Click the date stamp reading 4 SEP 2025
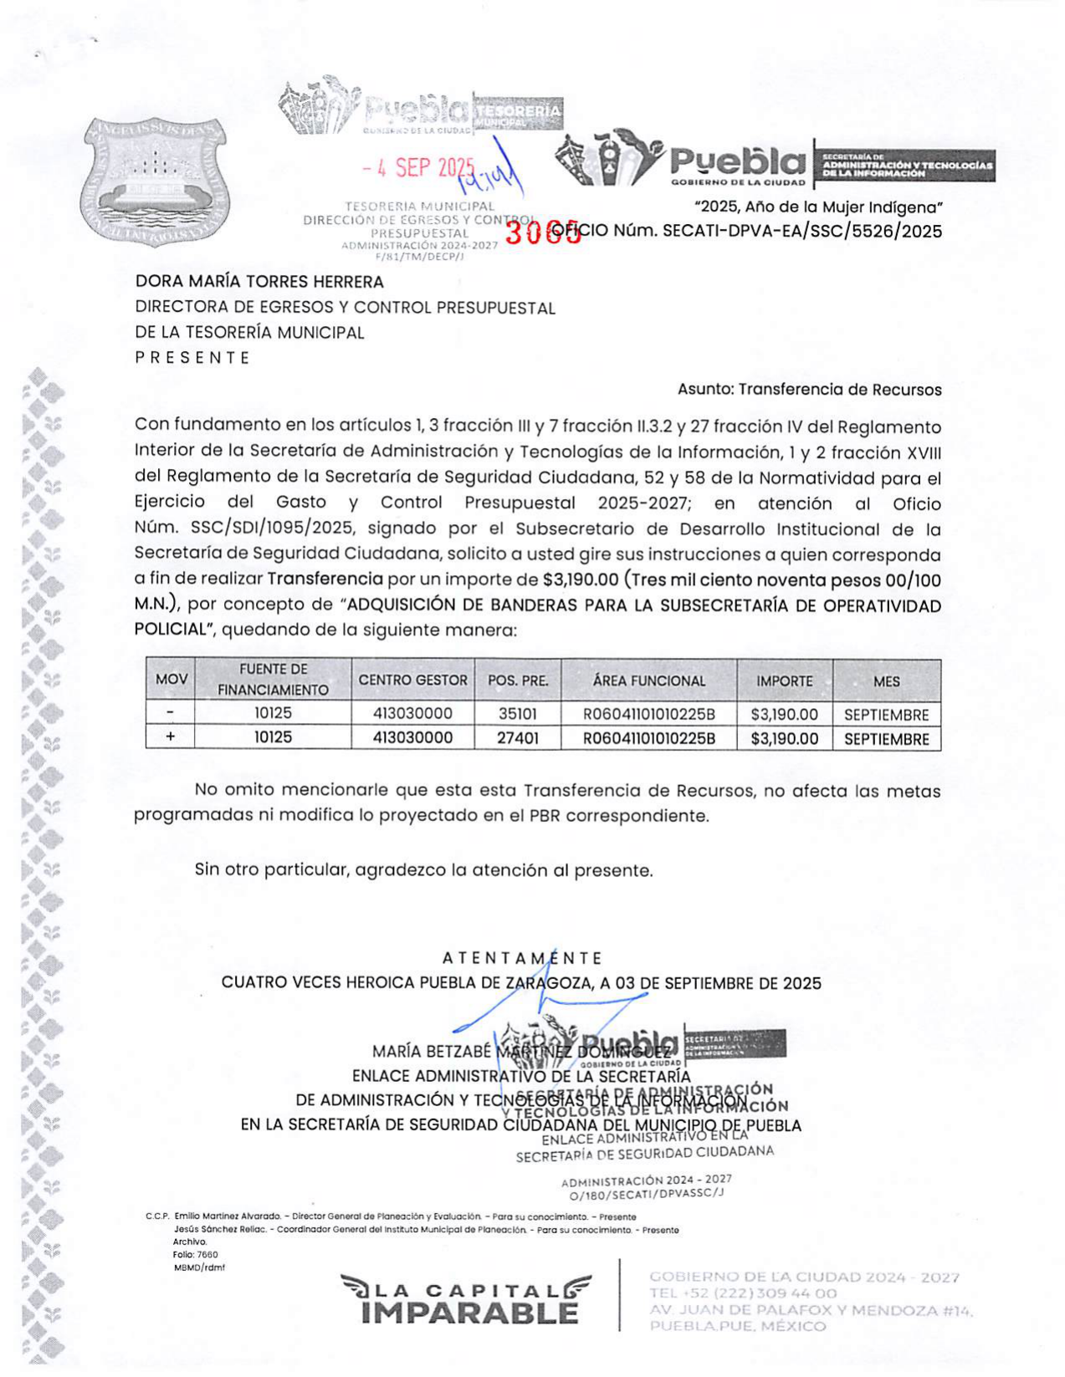coord(418,167)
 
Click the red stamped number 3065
coord(543,232)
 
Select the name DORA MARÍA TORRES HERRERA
coord(259,282)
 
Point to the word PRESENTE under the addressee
coord(192,358)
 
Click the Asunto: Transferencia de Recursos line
coord(809,390)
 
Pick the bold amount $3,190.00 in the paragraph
coord(580,580)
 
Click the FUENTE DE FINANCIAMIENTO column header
coord(273,680)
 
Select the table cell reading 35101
coord(517,714)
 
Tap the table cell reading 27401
coord(517,738)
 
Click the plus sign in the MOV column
coord(171,737)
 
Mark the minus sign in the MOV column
coord(171,713)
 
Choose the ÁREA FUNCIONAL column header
coord(648,681)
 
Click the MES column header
coord(886,681)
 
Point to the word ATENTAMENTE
coord(521,958)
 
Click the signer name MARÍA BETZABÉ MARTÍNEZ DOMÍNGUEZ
coord(520,1051)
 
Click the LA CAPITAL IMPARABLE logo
coord(466,1300)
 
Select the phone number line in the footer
coord(742,1293)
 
